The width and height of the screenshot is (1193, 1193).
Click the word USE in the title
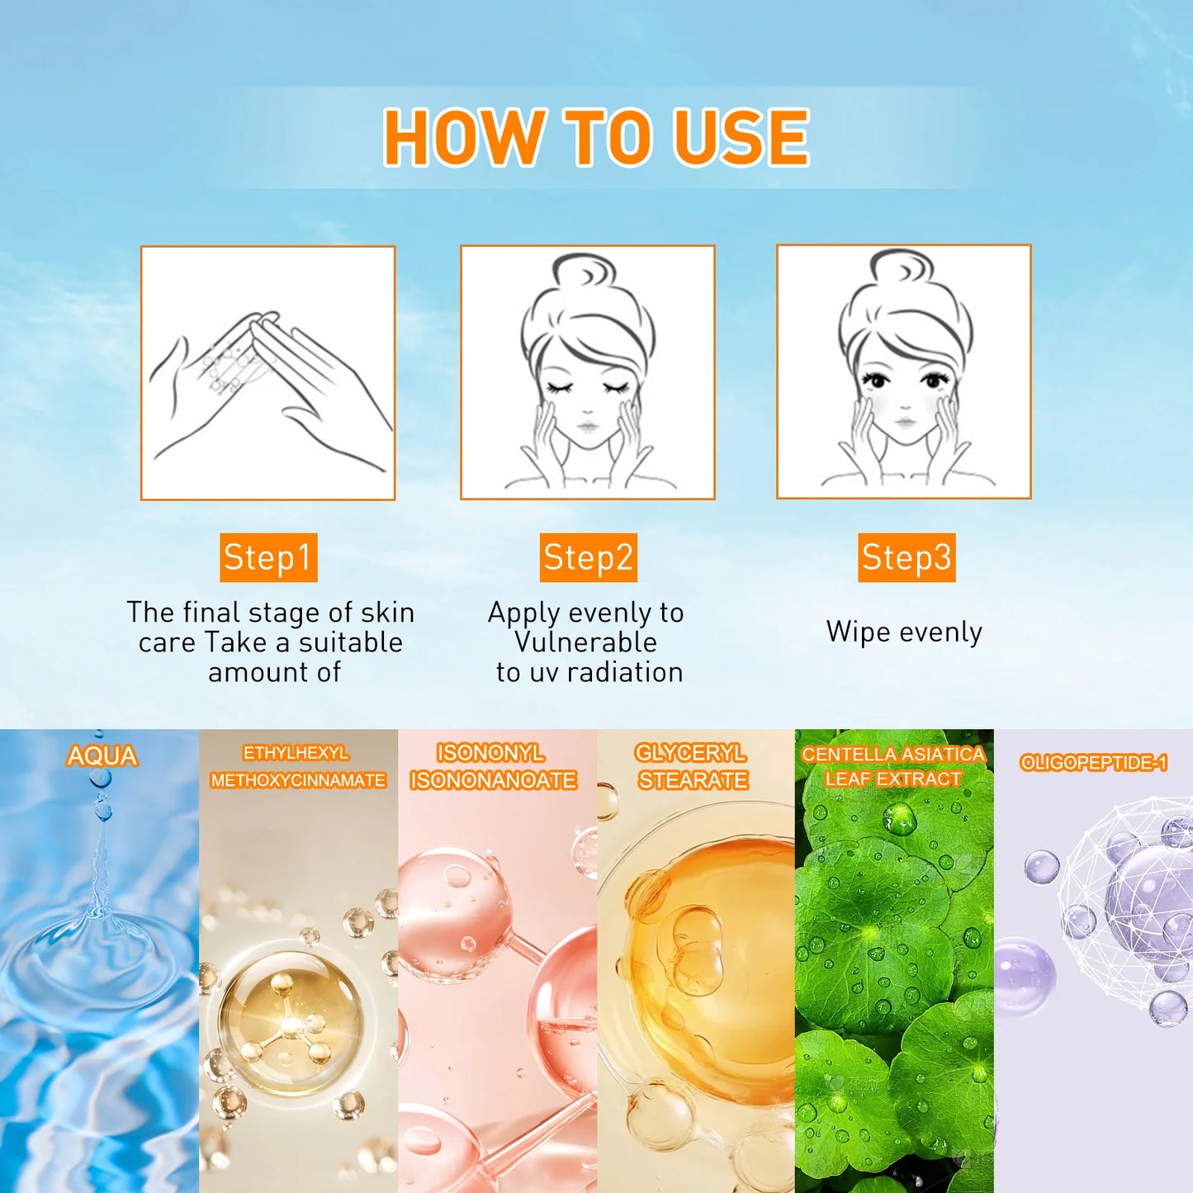tap(741, 138)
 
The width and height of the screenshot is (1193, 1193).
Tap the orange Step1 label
tap(268, 558)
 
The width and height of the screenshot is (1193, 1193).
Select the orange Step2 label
tap(588, 558)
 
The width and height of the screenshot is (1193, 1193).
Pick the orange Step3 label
tap(907, 558)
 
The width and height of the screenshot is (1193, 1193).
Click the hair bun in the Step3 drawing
tap(902, 268)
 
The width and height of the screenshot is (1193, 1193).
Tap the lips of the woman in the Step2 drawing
tap(587, 427)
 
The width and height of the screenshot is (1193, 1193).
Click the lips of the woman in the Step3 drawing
tap(905, 423)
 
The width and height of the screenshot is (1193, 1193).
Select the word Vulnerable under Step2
tap(585, 642)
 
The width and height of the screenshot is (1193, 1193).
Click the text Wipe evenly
tap(904, 632)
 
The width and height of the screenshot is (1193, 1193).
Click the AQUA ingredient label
tap(102, 756)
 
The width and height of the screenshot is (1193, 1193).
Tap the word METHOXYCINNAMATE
tap(298, 780)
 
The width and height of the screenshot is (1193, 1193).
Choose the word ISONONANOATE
tap(494, 780)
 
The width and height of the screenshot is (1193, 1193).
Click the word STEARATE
tap(693, 780)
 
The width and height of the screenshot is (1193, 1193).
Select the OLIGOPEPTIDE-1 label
tap(1093, 763)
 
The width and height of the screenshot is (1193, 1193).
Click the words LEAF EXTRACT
tap(893, 779)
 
